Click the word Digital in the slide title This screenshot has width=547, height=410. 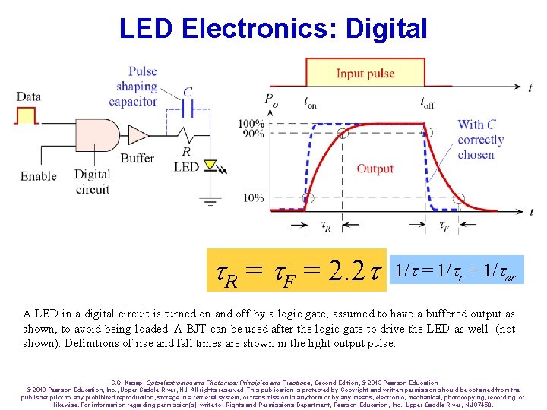click(x=385, y=29)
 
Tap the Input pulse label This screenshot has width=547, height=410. click(x=365, y=74)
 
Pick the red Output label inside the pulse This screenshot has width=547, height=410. click(x=375, y=169)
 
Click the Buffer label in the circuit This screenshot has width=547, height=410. click(x=137, y=159)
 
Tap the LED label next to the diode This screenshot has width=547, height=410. click(x=186, y=167)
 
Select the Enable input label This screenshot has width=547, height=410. click(x=38, y=176)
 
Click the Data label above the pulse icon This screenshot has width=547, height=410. click(x=28, y=96)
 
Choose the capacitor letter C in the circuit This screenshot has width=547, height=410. click(x=188, y=93)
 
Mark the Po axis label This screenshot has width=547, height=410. click(x=270, y=99)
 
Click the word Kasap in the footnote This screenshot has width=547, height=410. click(x=129, y=383)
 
